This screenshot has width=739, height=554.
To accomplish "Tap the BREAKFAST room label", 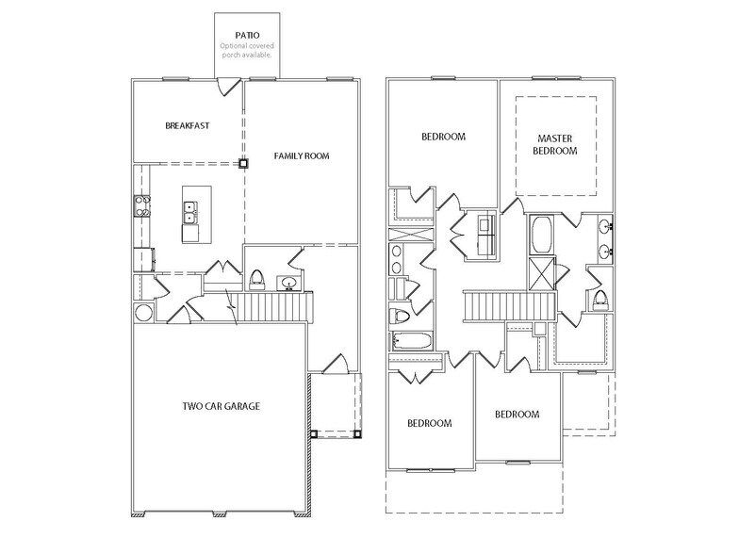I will [x=187, y=125].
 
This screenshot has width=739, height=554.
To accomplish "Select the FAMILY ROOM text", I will [x=302, y=155].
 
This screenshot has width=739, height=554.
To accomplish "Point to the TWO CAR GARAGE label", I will [x=222, y=407].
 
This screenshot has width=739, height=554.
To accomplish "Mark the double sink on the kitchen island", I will [x=189, y=212].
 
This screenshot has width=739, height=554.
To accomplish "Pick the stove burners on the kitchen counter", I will [x=143, y=205].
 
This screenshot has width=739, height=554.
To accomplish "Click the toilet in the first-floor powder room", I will [x=255, y=280].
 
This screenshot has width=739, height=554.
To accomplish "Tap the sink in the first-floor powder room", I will [x=289, y=282].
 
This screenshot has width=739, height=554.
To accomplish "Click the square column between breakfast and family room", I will [x=243, y=163].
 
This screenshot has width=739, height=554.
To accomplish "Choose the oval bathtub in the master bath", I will [x=543, y=234].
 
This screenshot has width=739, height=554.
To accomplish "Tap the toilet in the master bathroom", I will [x=600, y=300].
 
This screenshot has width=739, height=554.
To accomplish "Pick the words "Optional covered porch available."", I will [x=246, y=50].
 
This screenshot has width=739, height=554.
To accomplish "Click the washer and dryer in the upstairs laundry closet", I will [x=487, y=236].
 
